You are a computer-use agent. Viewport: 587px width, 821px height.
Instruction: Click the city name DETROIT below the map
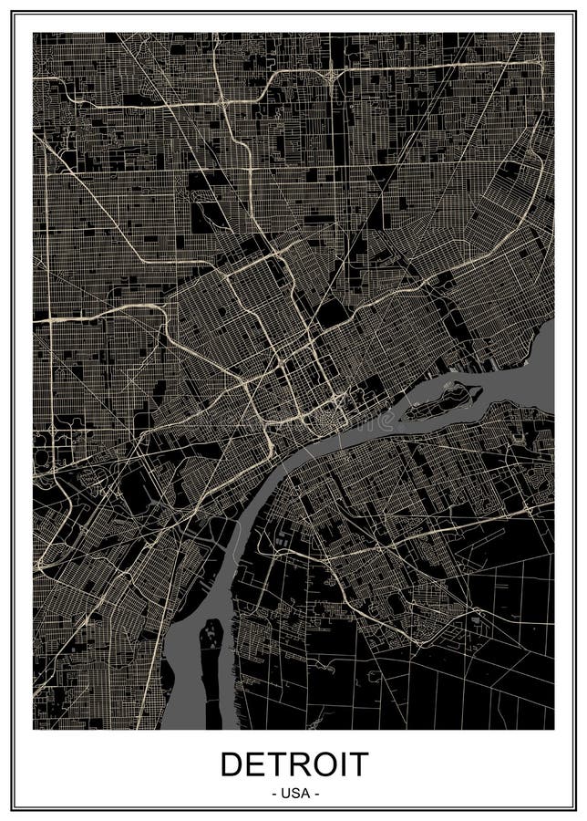click(293, 764)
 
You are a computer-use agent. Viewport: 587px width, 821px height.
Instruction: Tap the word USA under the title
click(293, 794)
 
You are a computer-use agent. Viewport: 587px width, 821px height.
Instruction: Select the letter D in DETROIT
click(232, 764)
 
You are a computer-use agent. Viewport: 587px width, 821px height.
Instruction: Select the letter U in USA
click(284, 794)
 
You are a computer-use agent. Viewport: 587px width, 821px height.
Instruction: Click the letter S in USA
click(293, 794)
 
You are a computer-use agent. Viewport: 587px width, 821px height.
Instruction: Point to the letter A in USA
click(304, 794)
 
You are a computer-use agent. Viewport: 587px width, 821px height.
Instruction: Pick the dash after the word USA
click(315, 794)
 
